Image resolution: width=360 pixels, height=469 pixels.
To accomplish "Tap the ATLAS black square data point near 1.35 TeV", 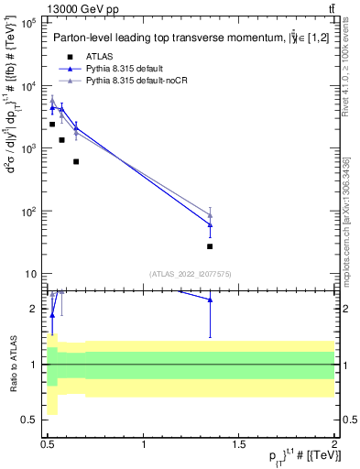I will [210, 246].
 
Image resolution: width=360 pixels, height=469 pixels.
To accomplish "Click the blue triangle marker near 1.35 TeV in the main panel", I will [210, 224].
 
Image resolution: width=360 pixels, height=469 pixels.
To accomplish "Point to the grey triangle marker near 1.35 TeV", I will [210, 215].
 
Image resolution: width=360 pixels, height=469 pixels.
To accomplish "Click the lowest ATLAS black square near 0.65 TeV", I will [76, 161].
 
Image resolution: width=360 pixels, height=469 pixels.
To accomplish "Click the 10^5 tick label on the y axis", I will [27, 23].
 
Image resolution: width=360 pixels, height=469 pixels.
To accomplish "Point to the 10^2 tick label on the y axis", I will [27, 212].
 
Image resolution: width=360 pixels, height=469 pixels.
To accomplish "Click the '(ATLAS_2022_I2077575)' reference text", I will [191, 274].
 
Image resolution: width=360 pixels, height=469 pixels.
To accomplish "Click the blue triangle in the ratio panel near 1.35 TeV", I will [210, 300].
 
